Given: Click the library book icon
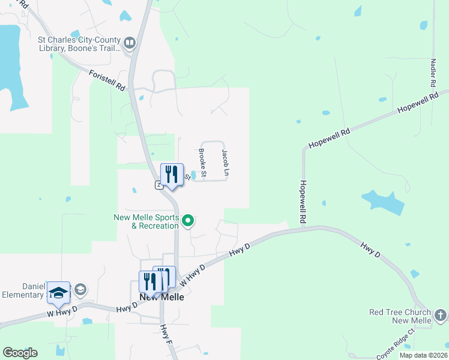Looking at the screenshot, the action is click(x=130, y=43).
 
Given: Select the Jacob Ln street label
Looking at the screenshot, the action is click(x=225, y=163).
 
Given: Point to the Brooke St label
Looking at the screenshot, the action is click(x=203, y=163).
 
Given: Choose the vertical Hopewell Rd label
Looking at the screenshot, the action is click(x=303, y=202).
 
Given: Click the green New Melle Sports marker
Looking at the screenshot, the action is click(x=188, y=221).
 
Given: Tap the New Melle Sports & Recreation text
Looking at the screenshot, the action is click(x=146, y=221).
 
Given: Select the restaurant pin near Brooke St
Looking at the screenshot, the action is click(x=172, y=175).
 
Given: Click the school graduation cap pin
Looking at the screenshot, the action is click(x=58, y=293).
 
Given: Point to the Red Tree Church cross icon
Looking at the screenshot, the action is click(x=440, y=315).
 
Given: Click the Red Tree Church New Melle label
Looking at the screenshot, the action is click(x=400, y=317).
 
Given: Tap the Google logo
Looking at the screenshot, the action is click(x=20, y=353).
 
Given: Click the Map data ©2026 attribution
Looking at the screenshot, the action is click(x=423, y=355).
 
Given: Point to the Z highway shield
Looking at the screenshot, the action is click(x=159, y=185).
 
